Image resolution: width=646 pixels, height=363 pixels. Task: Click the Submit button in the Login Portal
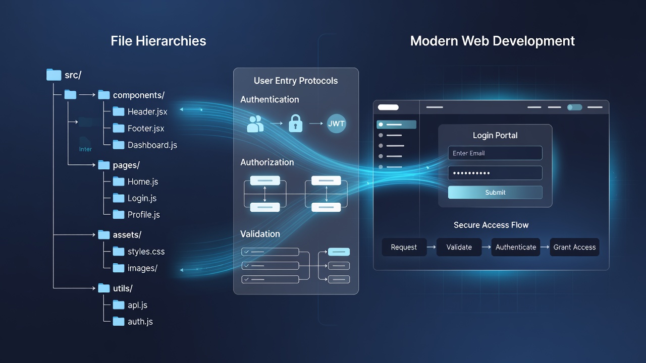tap(495, 192)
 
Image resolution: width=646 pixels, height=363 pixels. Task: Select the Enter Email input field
tap(495, 153)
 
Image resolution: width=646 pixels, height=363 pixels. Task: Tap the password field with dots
tap(495, 173)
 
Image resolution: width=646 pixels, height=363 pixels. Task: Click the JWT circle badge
tap(336, 124)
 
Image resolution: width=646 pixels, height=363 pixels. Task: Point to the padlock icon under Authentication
tap(296, 124)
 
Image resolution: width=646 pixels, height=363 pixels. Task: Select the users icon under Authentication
tap(255, 124)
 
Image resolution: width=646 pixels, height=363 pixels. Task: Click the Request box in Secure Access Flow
tap(404, 247)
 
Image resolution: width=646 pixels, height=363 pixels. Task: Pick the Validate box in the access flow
tap(459, 247)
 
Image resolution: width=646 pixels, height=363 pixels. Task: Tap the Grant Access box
tap(574, 247)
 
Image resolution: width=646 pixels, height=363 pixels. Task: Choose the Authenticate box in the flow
tap(516, 247)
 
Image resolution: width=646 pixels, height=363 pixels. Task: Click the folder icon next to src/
tap(53, 75)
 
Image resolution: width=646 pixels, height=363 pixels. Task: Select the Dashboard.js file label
tap(152, 145)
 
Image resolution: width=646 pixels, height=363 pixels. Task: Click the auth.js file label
tap(140, 322)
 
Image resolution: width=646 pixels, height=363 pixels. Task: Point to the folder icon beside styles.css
tap(118, 251)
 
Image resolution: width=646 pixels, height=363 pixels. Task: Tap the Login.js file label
tap(142, 198)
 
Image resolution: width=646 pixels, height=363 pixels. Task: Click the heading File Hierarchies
tap(158, 41)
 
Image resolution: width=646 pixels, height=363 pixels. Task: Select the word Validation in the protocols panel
tap(260, 234)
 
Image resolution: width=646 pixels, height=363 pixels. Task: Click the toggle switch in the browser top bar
tap(574, 107)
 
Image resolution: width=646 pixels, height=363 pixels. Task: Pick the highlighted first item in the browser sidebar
tap(397, 125)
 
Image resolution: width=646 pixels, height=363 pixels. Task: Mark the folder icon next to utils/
tap(104, 288)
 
